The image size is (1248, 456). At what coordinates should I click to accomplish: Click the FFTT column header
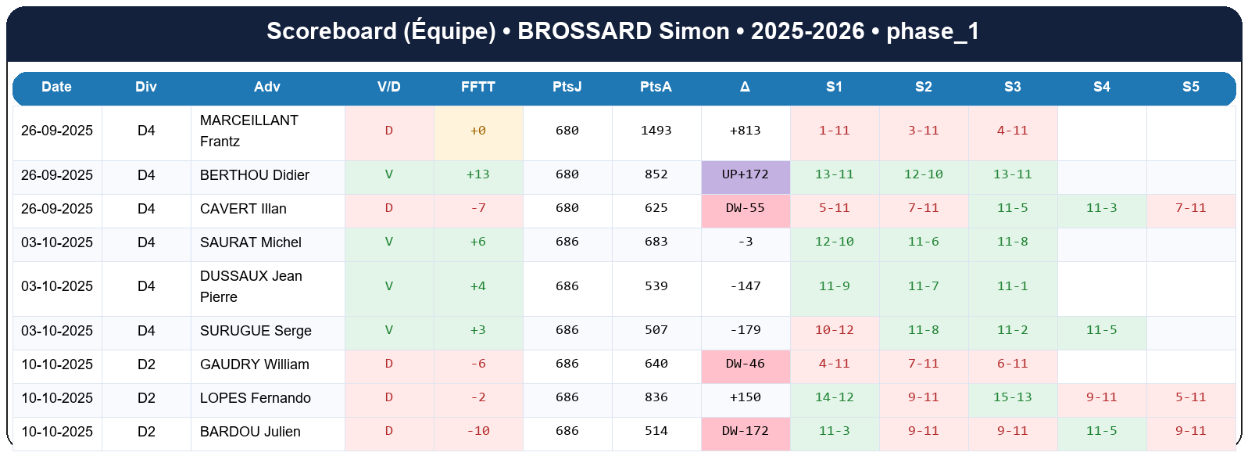pos(477,87)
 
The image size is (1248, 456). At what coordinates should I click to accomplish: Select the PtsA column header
pos(656,87)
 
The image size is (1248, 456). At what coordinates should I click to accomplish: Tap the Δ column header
pos(745,87)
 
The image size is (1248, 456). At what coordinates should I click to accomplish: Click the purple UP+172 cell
pos(745,174)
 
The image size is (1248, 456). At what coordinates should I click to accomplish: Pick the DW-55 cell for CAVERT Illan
pos(745,208)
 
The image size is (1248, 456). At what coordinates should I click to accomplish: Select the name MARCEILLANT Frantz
pos(249,131)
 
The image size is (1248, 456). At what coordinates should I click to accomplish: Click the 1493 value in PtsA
pos(656,131)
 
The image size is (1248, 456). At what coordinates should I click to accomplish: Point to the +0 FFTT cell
pos(477,131)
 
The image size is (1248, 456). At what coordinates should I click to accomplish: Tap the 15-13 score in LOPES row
pos(1012,397)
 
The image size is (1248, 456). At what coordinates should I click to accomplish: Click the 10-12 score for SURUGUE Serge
pos(834,330)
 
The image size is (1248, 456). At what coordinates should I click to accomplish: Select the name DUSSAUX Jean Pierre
pos(251,286)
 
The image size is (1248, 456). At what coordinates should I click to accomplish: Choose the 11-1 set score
pos(1012,286)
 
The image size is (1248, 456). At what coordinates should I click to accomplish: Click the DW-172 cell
pos(745,431)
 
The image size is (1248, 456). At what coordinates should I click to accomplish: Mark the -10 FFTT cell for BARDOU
pos(477,431)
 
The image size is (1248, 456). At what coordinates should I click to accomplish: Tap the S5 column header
pos(1190,87)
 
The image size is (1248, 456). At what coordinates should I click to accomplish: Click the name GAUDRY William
pos(254,364)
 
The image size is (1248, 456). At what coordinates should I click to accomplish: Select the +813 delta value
pos(745,131)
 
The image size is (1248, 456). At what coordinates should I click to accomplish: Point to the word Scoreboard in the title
pos(331,31)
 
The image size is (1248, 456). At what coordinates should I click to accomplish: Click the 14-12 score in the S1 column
pos(834,397)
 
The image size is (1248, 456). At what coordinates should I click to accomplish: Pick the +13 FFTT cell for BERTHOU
pos(477,174)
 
